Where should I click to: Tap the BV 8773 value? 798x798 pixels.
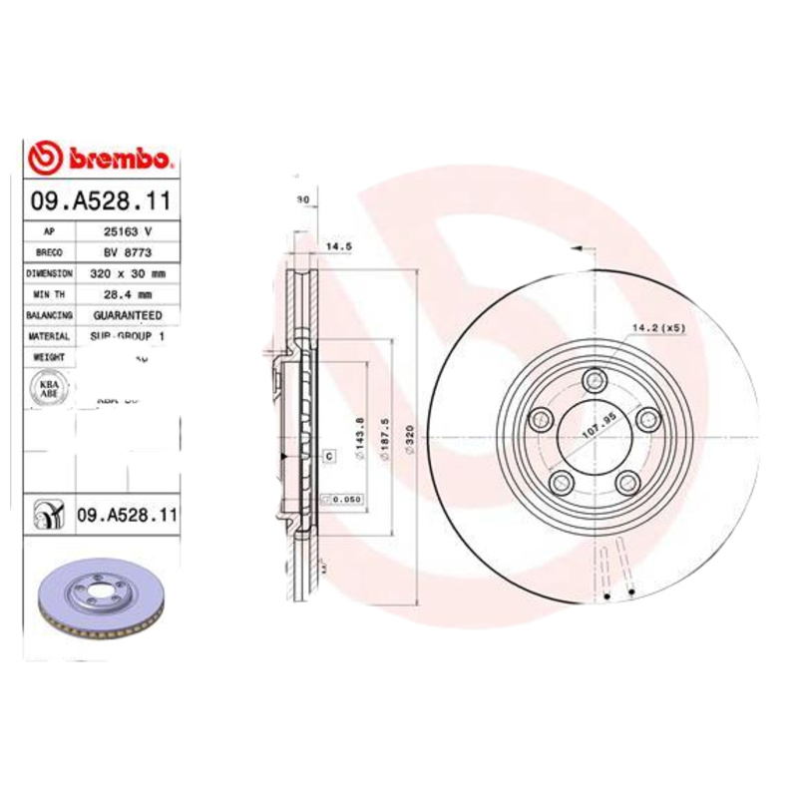click(x=127, y=251)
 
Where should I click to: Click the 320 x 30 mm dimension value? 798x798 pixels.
click(x=127, y=272)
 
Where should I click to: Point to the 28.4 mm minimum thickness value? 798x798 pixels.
click(x=127, y=294)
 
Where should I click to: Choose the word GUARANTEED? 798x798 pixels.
click(x=127, y=315)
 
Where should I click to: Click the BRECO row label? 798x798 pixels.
click(x=48, y=251)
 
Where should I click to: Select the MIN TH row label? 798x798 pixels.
click(x=48, y=294)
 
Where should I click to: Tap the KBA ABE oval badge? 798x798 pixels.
click(x=49, y=389)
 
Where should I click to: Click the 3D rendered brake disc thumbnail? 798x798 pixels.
click(x=99, y=604)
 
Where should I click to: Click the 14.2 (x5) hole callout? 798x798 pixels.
click(x=657, y=326)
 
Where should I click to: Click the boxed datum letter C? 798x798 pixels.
click(x=327, y=456)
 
